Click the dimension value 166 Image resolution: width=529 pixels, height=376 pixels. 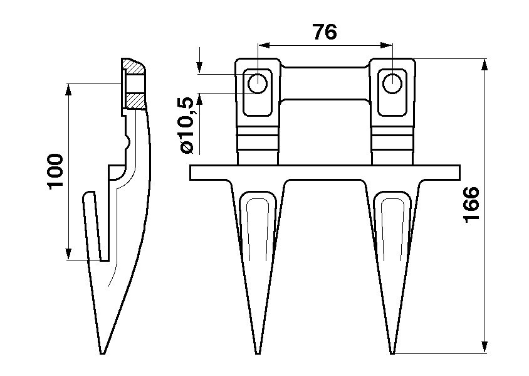coord(471,203)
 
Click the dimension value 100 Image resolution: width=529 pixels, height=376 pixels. coord(55,171)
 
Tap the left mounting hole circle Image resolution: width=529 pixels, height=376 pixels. coord(257,83)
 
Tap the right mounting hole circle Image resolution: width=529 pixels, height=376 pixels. coord(392,83)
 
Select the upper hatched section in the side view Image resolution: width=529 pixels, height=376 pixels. coord(133,65)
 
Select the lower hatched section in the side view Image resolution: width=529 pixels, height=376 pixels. coord(134,100)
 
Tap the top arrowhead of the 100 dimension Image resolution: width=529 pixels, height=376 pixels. coord(68,89)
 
